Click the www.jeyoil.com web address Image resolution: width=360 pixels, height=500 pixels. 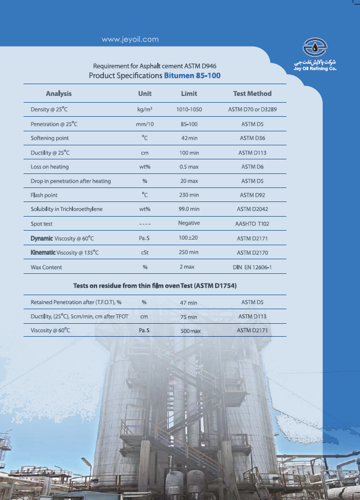point(130,39)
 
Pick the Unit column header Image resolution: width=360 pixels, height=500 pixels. point(145,94)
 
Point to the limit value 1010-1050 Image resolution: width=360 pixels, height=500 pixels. point(189,109)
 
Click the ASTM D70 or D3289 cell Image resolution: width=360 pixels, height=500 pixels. point(252,109)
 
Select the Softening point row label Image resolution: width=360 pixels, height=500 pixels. point(49,138)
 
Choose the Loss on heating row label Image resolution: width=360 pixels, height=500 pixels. point(49,167)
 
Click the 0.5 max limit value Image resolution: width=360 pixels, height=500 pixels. point(189,167)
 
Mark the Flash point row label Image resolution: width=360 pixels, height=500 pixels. point(44,195)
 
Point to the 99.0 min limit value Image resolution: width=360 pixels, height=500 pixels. point(189,209)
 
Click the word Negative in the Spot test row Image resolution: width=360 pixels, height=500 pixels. point(189,223)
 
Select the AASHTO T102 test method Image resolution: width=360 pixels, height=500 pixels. point(252,223)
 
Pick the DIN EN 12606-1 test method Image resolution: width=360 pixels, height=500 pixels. point(252,267)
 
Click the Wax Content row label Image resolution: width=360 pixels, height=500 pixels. point(47,267)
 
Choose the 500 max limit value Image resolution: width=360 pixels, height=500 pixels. point(190,331)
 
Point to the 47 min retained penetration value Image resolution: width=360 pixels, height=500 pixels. point(189,303)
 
